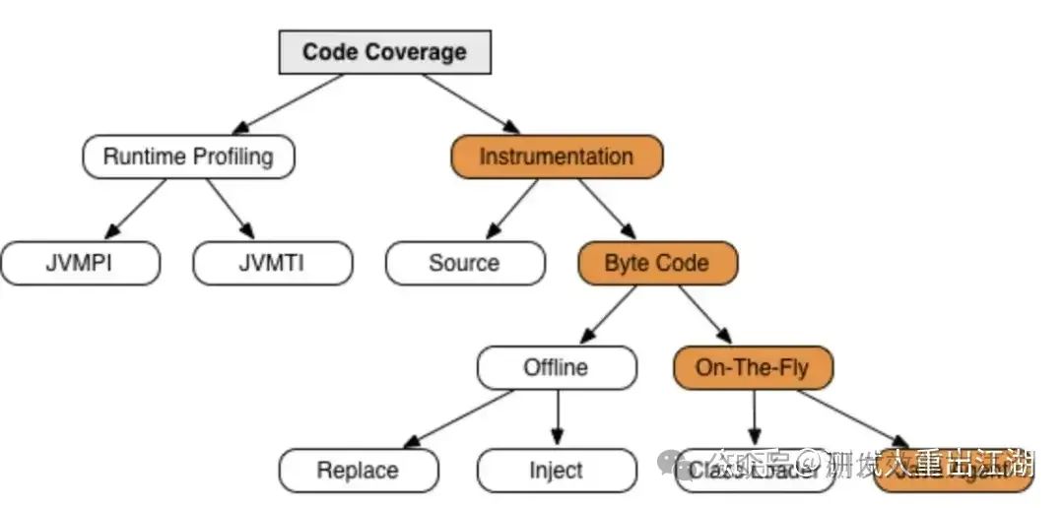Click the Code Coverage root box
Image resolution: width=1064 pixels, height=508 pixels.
(x=384, y=52)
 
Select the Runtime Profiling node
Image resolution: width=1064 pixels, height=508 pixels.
(x=188, y=157)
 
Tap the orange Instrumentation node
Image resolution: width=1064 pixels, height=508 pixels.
(x=557, y=157)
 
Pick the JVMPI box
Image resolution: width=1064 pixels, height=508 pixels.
(x=80, y=263)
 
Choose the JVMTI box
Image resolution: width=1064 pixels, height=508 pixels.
(x=272, y=263)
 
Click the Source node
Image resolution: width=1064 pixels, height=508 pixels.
(x=464, y=263)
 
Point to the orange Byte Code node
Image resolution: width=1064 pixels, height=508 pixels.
(x=656, y=263)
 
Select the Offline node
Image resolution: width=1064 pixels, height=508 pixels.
(x=556, y=368)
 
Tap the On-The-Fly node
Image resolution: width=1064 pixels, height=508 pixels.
(x=752, y=368)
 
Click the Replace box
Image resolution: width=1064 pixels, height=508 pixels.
(x=358, y=471)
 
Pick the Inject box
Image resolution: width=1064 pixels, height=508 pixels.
(x=556, y=471)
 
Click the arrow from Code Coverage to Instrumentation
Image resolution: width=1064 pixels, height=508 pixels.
(x=471, y=103)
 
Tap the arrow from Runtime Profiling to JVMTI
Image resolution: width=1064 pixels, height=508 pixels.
(x=231, y=210)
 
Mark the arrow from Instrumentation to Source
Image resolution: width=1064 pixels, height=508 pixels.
(x=510, y=210)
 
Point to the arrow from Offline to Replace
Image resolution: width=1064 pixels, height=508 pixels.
(x=459, y=417)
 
